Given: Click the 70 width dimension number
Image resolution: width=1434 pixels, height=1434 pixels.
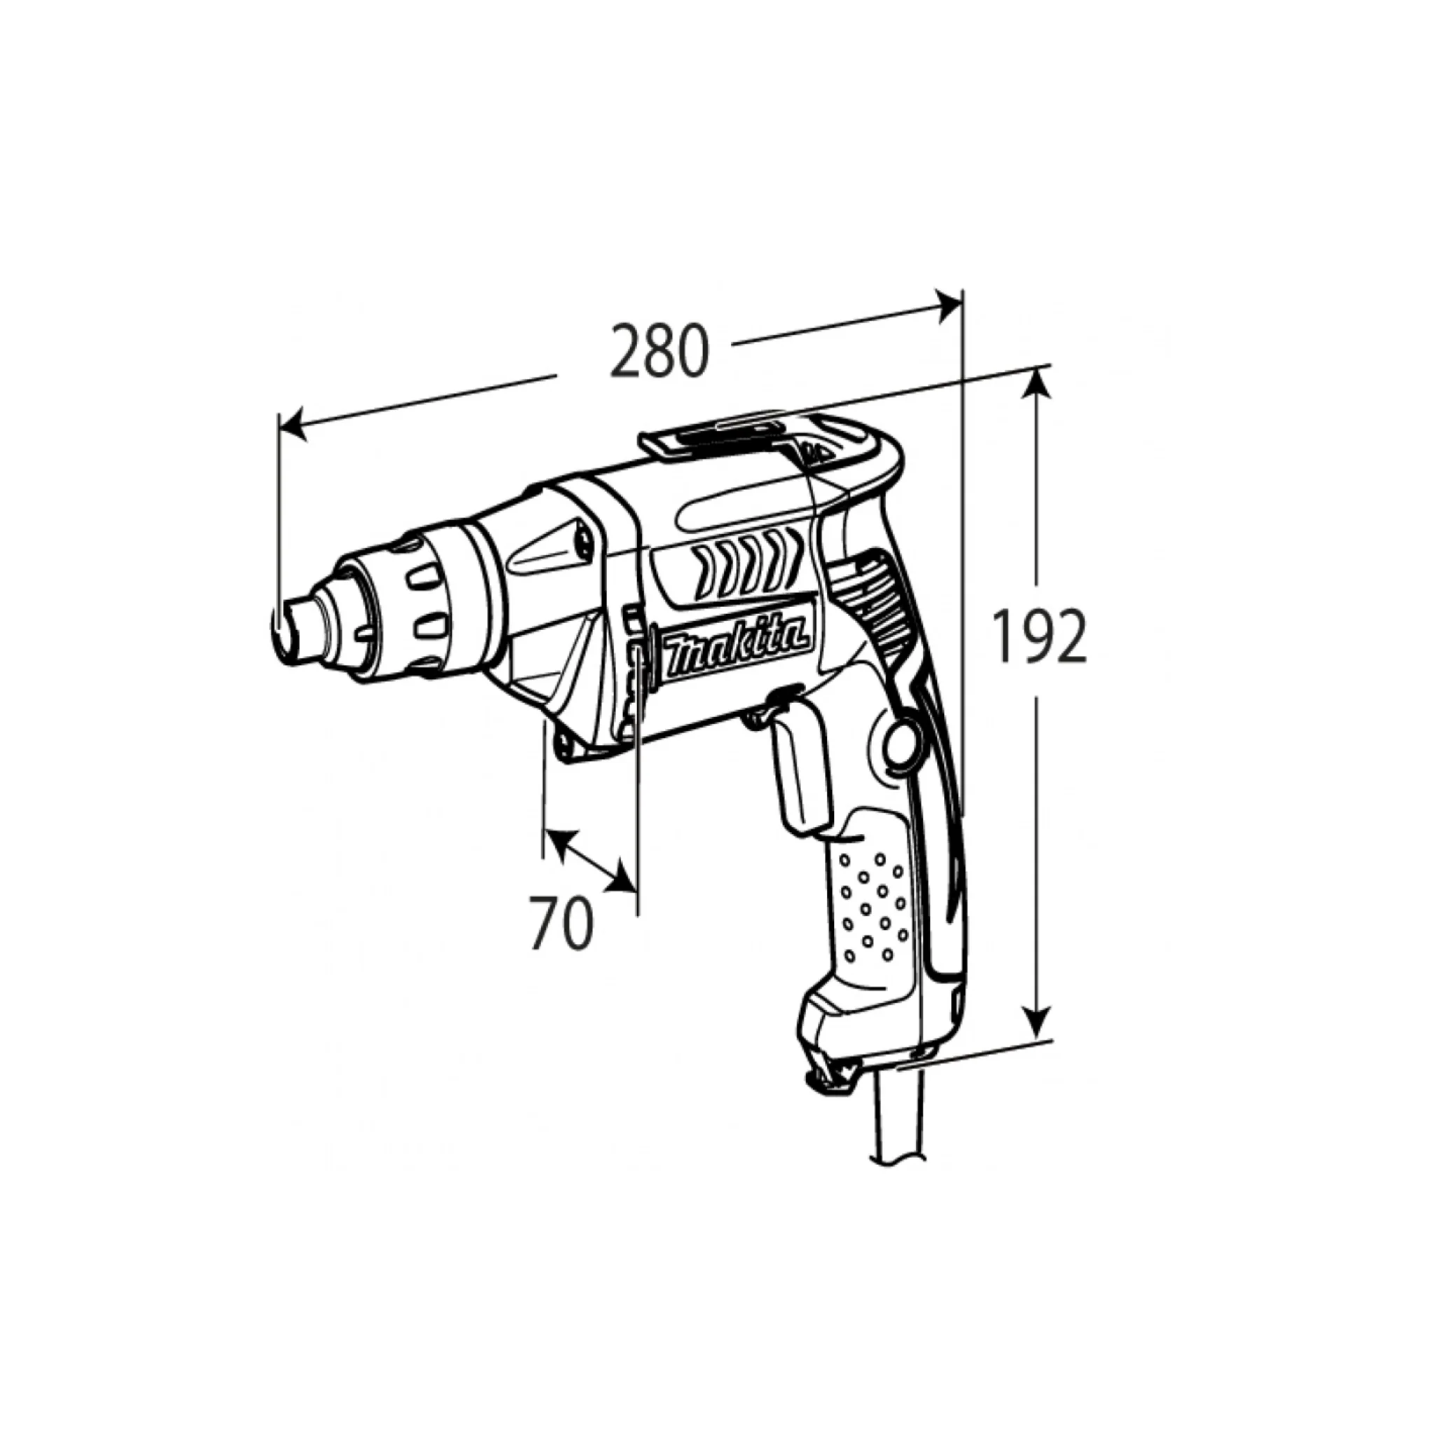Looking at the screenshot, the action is click(562, 923).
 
